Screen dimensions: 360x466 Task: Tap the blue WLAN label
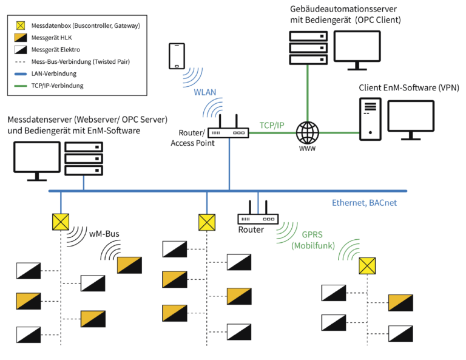[205, 93]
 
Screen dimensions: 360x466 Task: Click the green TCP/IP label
[272, 125]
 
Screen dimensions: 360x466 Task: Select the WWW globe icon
[307, 132]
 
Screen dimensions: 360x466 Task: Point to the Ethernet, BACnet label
[364, 203]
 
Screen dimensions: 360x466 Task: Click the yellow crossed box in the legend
[21, 25]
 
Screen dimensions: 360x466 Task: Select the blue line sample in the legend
[21, 73]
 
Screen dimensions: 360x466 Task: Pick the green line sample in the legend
[21, 86]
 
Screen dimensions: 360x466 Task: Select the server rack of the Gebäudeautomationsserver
[308, 47]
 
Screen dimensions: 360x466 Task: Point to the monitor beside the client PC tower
[411, 119]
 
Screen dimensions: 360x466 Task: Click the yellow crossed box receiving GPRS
[367, 266]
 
